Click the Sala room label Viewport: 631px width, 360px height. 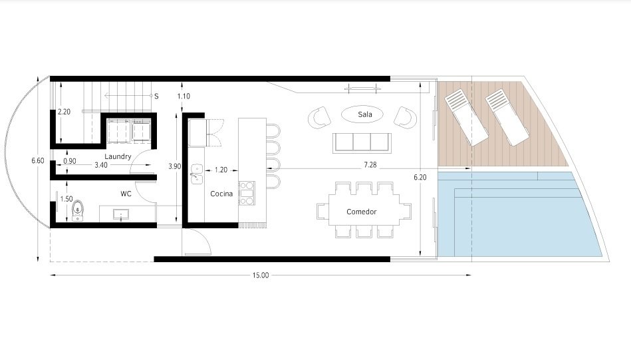(x=365, y=114)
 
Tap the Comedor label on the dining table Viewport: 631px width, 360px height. (x=361, y=212)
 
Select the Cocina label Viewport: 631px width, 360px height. (x=221, y=194)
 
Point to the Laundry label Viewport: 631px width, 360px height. (x=118, y=156)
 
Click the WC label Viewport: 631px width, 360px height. (x=126, y=194)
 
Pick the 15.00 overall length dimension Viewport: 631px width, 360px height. (x=261, y=275)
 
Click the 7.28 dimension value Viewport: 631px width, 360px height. (x=370, y=164)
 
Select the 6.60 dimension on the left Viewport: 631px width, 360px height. (x=38, y=160)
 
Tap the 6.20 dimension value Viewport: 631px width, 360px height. (x=420, y=177)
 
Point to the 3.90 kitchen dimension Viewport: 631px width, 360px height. (x=175, y=166)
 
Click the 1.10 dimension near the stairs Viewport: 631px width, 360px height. (x=184, y=96)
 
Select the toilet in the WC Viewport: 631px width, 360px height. (x=78, y=211)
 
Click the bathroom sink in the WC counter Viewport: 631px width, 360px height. (x=121, y=215)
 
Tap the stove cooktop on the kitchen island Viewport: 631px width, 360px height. (x=247, y=193)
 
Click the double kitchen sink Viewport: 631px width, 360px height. (x=196, y=174)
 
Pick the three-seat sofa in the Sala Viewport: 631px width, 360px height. (x=362, y=143)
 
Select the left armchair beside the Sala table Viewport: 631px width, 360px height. (x=320, y=118)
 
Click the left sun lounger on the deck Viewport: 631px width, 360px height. (x=466, y=117)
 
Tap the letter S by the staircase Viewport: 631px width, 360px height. (x=156, y=96)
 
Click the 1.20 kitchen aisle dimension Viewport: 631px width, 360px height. (x=221, y=170)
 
